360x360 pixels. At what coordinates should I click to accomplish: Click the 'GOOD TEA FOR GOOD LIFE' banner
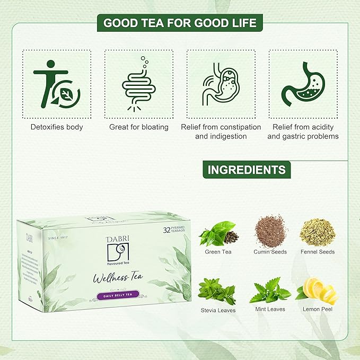[180, 23]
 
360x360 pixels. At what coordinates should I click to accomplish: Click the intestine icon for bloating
[138, 84]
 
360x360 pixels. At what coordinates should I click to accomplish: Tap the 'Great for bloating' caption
[139, 127]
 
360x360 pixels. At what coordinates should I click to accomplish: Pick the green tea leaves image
[218, 233]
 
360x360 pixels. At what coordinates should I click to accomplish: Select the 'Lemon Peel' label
[318, 309]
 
